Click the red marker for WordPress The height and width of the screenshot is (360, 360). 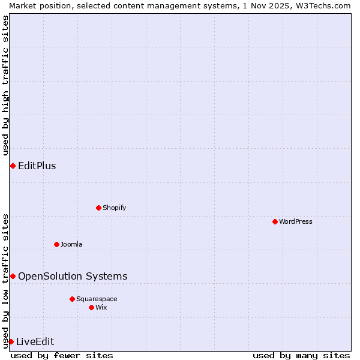[275, 221]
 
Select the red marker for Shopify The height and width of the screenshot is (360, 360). [98, 208]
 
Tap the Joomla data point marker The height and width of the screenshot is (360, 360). [56, 244]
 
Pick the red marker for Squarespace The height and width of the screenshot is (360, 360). [72, 299]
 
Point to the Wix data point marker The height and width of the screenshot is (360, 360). [91, 307]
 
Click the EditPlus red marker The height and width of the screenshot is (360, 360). [13, 166]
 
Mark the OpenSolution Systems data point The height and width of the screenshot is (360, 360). [13, 276]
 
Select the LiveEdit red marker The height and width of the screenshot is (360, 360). [11, 341]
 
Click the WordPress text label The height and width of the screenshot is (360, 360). [296, 221]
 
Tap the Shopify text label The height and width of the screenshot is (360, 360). [114, 208]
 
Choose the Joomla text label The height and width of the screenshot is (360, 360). [71, 244]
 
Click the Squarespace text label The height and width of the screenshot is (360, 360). [97, 299]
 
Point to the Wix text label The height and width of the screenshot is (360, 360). [101, 307]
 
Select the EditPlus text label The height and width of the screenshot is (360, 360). [37, 166]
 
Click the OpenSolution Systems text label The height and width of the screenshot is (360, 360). [73, 276]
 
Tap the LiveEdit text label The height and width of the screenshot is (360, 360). [35, 341]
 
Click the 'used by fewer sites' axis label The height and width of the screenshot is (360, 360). [62, 355]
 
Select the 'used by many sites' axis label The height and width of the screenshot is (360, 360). [301, 355]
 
